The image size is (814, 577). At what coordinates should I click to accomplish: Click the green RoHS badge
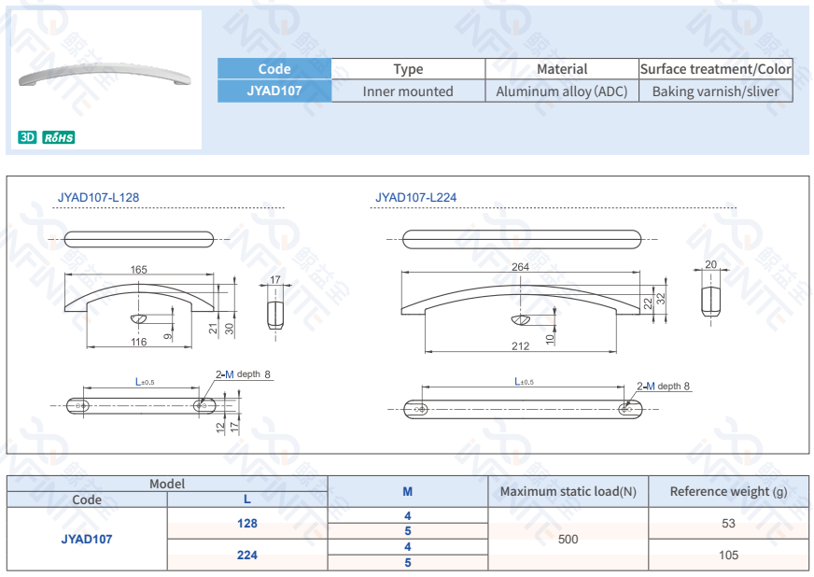coord(58,137)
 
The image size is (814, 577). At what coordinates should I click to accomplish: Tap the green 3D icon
coord(27,137)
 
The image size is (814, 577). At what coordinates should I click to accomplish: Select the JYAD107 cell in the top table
coord(274,91)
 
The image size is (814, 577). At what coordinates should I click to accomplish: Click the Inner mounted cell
coord(408,91)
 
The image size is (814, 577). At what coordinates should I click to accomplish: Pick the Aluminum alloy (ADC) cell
coord(561,91)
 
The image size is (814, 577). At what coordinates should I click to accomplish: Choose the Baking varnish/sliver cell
coord(715,91)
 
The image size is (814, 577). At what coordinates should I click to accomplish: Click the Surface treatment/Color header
coord(715,69)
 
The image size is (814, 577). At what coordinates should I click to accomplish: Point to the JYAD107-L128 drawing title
coord(98,197)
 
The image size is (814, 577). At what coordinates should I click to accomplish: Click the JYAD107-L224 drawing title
coord(415,197)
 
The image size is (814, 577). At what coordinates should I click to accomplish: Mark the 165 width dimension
coord(138,270)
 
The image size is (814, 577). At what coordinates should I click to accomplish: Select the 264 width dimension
coord(520,267)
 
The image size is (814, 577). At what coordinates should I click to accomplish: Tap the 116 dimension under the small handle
coord(138,343)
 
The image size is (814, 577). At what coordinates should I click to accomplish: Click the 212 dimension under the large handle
coord(520,346)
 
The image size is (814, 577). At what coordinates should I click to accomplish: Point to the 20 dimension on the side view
coord(711,265)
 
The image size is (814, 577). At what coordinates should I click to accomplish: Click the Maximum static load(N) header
coord(568,491)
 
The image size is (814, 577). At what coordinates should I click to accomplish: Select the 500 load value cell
coord(568,539)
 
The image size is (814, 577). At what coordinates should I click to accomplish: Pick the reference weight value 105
coord(728,555)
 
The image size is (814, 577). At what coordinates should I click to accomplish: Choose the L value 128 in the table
coord(247,524)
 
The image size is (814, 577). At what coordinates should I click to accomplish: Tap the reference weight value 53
coord(728,524)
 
